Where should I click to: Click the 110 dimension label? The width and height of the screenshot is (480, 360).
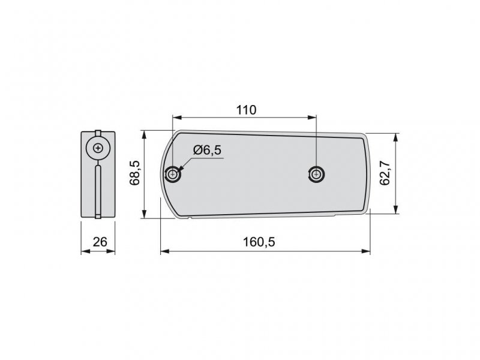[x=246, y=110]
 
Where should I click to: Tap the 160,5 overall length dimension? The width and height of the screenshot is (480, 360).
[x=259, y=242]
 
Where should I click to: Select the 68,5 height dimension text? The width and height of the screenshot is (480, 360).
[x=134, y=173]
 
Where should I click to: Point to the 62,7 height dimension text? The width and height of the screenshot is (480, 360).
[x=385, y=173]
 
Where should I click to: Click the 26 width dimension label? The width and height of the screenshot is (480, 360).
[x=100, y=242]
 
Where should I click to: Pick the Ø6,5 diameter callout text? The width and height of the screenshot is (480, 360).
[x=207, y=151]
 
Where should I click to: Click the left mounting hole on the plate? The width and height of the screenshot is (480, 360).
[x=172, y=175]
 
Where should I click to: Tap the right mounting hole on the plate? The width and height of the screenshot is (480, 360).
[x=316, y=175]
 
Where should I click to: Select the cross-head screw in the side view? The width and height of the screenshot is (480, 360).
[x=98, y=148]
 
